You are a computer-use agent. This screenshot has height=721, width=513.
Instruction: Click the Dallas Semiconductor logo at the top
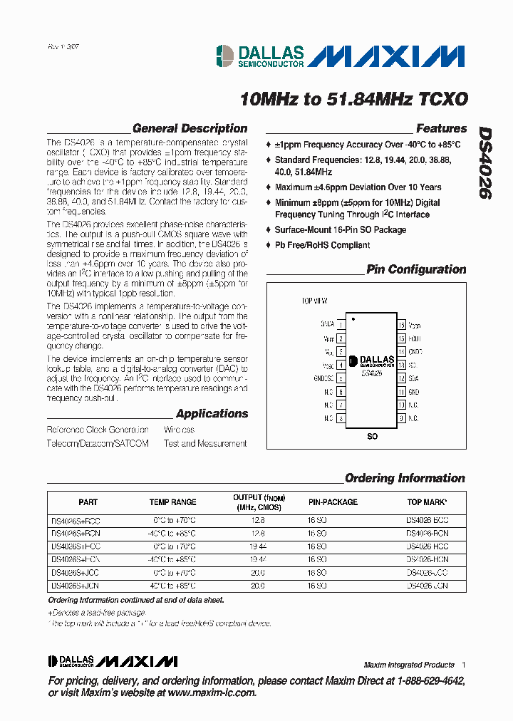click(261, 56)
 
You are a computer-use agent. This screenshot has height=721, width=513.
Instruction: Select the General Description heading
click(190, 129)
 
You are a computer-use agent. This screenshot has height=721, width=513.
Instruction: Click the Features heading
click(441, 129)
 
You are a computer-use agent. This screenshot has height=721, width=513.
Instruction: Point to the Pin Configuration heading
click(416, 269)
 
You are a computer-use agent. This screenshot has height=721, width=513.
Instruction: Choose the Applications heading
click(212, 414)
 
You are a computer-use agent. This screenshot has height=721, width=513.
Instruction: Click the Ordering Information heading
click(405, 478)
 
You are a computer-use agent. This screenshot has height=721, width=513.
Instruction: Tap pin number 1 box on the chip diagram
click(341, 324)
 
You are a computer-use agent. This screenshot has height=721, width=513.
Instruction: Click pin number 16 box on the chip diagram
click(402, 324)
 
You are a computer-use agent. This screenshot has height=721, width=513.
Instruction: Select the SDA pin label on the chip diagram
click(413, 378)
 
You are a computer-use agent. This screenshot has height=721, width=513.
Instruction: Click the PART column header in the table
click(88, 502)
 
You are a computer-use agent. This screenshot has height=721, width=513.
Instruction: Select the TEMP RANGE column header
click(172, 502)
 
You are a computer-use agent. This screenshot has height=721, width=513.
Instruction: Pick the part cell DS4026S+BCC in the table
click(76, 521)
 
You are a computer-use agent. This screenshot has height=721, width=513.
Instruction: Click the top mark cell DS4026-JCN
click(427, 586)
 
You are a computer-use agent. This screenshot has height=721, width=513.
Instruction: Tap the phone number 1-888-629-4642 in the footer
click(425, 681)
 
